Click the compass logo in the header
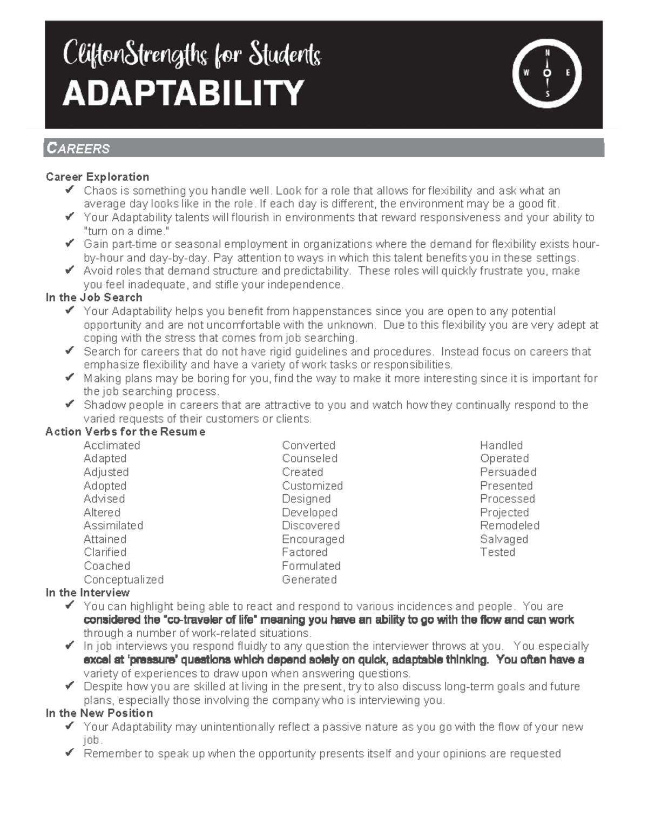pos(546,74)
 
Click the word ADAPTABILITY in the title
pos(183,93)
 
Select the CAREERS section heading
pos(78,149)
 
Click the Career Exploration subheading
pos(97,177)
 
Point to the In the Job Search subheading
pos(94,297)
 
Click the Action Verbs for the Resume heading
pos(125,432)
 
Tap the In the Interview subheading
pos(87,593)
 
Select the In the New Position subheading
pos(99,713)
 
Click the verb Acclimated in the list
pos(112,445)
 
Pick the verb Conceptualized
pos(124,579)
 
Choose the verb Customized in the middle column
pos(312,486)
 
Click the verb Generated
pos(309,579)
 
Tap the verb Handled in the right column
pos(501,445)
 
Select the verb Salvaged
pos(504,539)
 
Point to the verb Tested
pos(497,552)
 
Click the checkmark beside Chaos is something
pos(69,190)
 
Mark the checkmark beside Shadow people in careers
pos(69,405)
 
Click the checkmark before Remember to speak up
pos(69,753)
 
